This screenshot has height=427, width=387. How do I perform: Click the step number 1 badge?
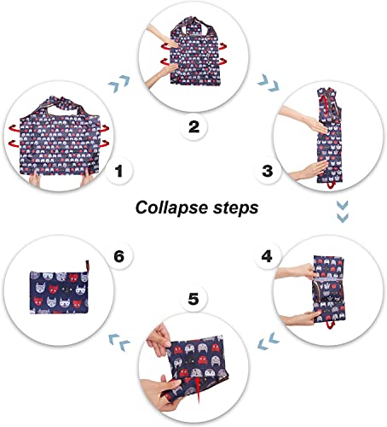click(118, 171)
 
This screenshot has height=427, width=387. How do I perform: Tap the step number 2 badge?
click(193, 126)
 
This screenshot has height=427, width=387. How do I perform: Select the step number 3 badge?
click(268, 171)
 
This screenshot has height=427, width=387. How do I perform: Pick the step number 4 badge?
click(267, 256)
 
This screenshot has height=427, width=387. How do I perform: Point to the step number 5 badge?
click(193, 299)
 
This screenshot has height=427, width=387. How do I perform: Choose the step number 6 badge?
click(118, 256)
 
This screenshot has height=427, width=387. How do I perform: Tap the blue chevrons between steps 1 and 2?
click(119, 84)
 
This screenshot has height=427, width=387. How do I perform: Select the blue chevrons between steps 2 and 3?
click(269, 83)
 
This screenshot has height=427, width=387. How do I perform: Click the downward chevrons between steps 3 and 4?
click(342, 212)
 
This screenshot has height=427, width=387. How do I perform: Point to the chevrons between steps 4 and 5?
click(269, 341)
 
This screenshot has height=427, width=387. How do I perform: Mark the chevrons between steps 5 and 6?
click(119, 342)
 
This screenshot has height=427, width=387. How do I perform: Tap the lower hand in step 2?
click(160, 73)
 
